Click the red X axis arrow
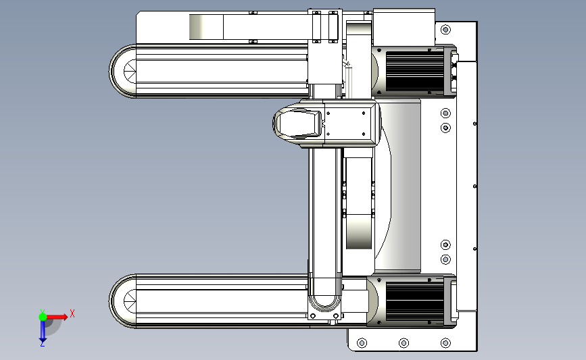[56, 317]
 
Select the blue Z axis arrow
[43, 330]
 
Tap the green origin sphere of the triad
[43, 317]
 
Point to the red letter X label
[72, 313]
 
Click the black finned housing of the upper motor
[415, 71]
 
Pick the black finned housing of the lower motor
[415, 301]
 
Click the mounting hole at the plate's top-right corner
[445, 30]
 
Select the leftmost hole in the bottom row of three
[362, 343]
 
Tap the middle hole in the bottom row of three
[404, 343]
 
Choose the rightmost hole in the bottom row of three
[445, 343]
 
